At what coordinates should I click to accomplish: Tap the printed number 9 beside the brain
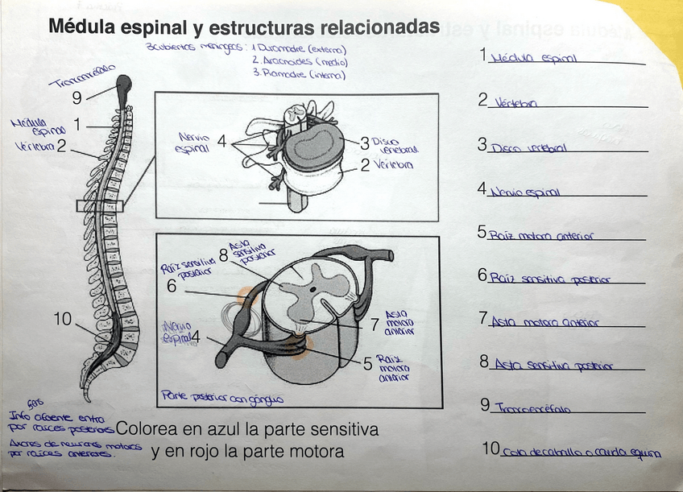(77, 98)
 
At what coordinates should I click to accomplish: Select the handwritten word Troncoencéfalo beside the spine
(81, 77)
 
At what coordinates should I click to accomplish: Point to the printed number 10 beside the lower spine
(63, 320)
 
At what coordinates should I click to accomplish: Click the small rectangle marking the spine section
(99, 206)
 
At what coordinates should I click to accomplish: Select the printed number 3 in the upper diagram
(364, 143)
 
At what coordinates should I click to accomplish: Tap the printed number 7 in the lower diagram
(374, 325)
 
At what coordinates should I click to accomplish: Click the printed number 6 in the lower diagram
(172, 286)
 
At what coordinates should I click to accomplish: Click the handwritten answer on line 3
(528, 148)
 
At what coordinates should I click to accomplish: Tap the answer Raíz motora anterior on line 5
(540, 236)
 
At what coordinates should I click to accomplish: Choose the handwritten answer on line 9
(532, 409)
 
